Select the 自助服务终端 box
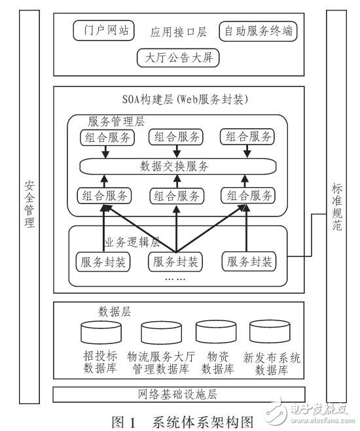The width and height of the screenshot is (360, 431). click(x=259, y=31)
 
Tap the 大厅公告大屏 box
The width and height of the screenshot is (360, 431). click(x=178, y=58)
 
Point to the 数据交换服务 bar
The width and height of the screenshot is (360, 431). click(x=177, y=166)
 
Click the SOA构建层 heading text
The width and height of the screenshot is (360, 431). click(x=177, y=100)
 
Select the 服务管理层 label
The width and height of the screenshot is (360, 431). click(x=117, y=122)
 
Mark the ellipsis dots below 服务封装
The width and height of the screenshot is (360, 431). click(x=175, y=277)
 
